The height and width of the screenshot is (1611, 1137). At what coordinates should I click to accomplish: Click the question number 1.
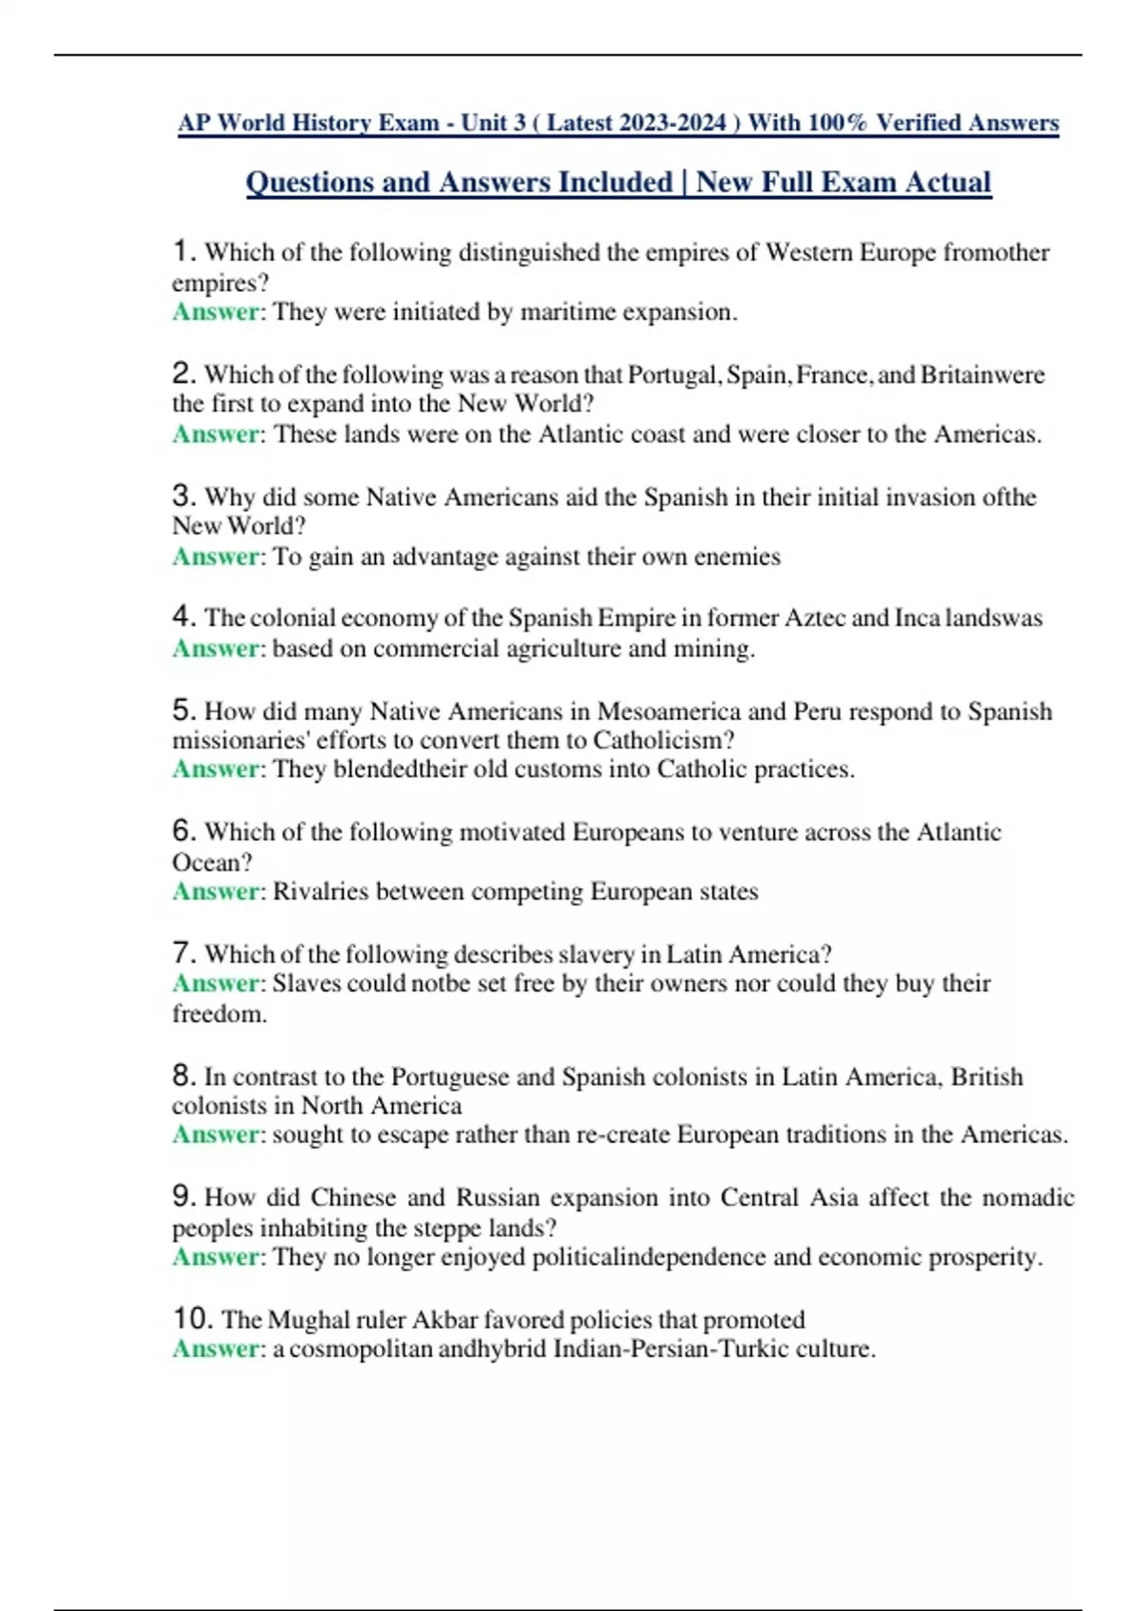(x=184, y=252)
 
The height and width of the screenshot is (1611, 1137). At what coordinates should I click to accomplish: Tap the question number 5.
(x=184, y=710)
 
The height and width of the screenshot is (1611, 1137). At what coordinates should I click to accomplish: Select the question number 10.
(x=192, y=1318)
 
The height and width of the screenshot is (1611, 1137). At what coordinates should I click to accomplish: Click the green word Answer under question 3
(x=215, y=556)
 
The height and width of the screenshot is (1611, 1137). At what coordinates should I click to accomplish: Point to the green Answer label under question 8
(x=215, y=1134)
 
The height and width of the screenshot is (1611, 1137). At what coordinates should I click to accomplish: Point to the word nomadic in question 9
(x=1028, y=1198)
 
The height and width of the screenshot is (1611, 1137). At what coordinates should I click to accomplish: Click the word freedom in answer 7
(x=218, y=1014)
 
